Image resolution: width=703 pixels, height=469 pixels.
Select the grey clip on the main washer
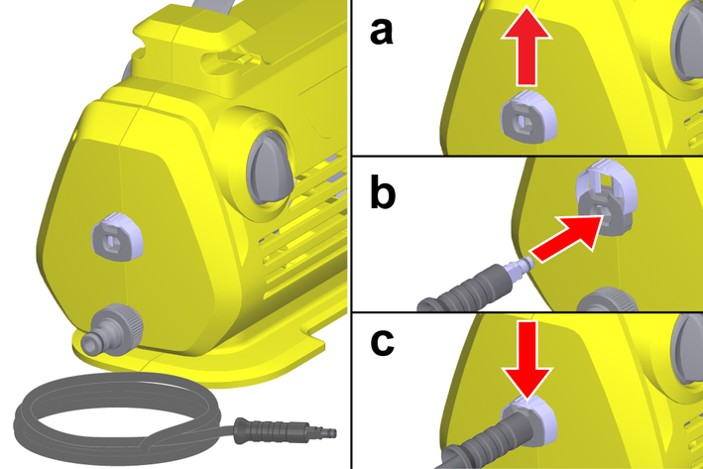(110, 239)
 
